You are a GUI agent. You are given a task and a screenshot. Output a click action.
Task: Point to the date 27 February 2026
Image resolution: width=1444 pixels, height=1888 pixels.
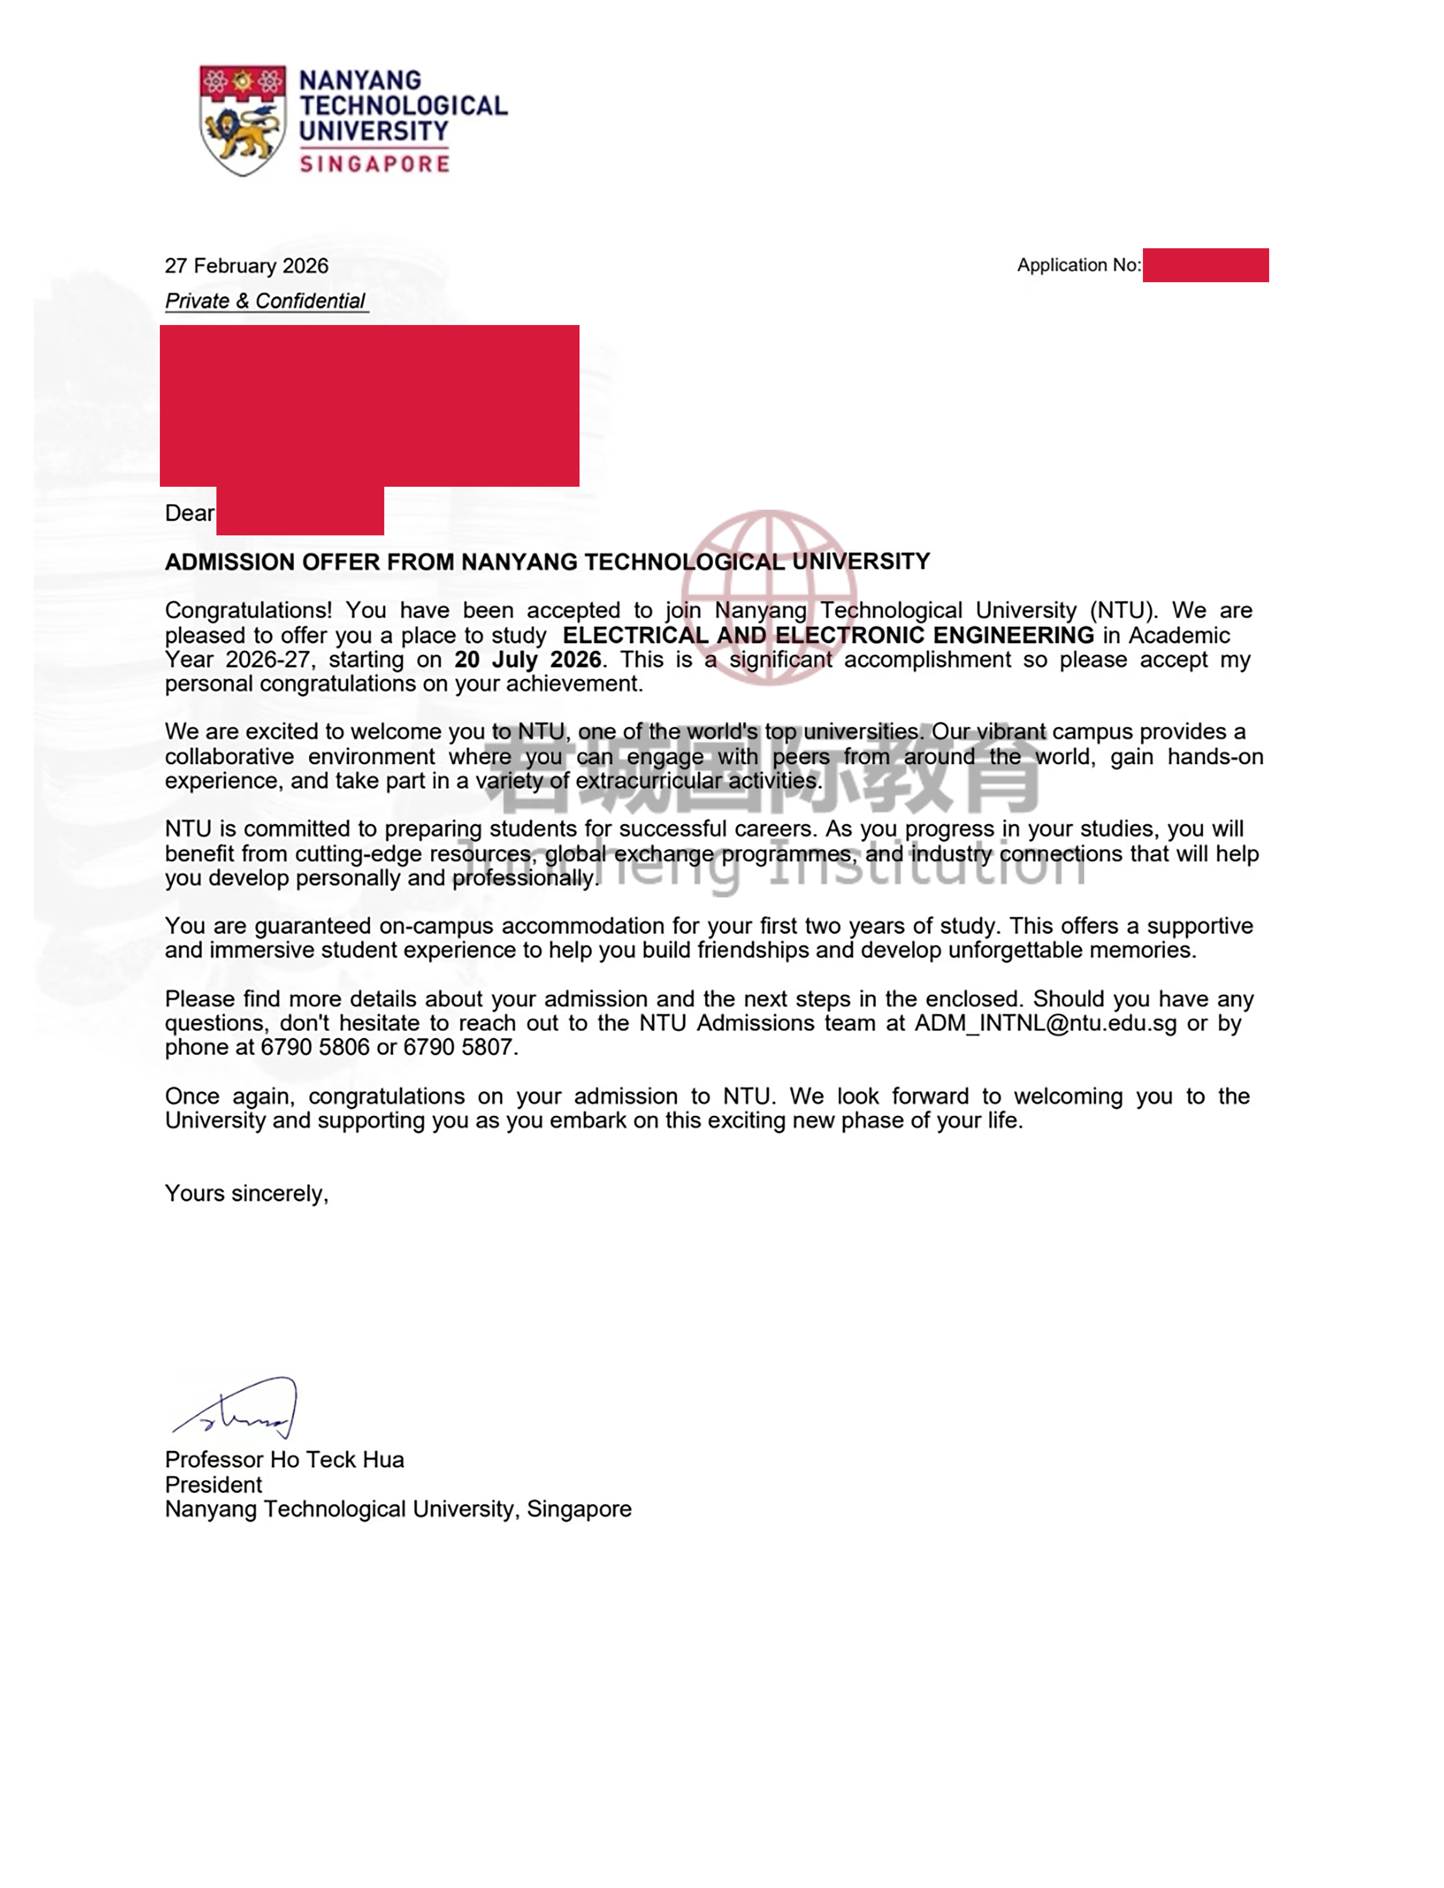[247, 266]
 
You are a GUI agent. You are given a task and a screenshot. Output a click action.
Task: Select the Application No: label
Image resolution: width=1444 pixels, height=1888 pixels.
[1079, 265]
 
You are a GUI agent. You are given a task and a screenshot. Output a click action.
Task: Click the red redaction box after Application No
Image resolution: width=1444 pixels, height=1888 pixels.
[1205, 265]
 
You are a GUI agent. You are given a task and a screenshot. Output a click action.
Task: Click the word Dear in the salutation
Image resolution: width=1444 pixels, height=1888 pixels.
[189, 513]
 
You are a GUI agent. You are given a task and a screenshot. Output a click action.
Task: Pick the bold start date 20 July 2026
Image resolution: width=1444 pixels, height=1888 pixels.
[528, 660]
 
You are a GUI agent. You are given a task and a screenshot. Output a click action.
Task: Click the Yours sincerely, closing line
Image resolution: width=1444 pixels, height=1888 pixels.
[247, 1193]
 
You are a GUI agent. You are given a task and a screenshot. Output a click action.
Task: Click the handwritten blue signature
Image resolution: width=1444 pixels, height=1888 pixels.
[236, 1407]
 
